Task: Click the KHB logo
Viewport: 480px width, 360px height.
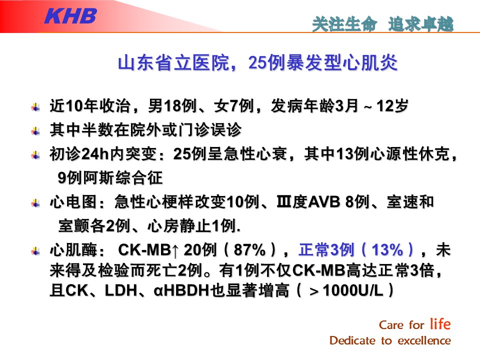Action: [70, 15]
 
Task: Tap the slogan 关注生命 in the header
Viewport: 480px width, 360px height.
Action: [344, 24]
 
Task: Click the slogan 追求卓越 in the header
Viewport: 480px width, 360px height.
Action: [420, 24]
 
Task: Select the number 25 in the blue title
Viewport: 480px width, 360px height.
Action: [257, 63]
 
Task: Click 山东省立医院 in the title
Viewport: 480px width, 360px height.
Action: [173, 63]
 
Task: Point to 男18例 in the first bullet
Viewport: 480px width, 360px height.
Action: [172, 106]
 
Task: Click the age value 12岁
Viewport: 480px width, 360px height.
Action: [392, 106]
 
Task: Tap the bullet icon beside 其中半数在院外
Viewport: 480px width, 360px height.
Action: [35, 131]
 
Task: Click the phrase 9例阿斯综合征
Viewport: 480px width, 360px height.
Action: [110, 177]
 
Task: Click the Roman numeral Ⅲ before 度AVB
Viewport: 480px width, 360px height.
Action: [284, 202]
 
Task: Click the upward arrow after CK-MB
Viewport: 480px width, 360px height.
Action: [175, 250]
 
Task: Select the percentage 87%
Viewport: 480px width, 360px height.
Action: [249, 250]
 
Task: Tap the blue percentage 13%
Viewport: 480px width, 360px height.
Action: [387, 250]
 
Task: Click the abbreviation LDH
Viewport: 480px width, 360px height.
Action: [121, 290]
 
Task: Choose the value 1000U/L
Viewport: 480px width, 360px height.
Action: [353, 290]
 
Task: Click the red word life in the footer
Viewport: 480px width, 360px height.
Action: [440, 323]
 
